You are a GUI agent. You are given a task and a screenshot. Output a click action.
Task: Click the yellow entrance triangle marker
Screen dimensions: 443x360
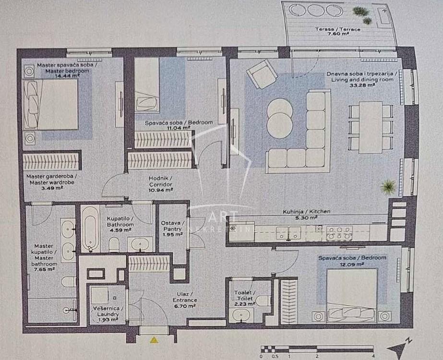(x=154, y=340)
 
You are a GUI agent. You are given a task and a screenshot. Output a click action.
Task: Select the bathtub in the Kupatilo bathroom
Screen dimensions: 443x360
(x=90, y=229)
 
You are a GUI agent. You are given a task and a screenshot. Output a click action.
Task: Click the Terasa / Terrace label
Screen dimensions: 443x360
(x=337, y=29)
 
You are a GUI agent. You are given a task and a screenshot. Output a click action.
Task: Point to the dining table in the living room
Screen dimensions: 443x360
(x=371, y=128)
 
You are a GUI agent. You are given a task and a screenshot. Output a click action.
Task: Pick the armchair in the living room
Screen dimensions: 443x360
(x=261, y=74)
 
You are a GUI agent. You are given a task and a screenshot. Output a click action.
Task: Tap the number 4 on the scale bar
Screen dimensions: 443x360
(x=373, y=357)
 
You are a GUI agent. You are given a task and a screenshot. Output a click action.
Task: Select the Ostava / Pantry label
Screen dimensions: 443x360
(x=172, y=226)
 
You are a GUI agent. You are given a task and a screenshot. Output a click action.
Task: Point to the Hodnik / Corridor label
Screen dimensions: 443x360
(x=160, y=181)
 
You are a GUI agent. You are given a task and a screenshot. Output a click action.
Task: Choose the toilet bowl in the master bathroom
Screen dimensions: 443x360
(x=69, y=281)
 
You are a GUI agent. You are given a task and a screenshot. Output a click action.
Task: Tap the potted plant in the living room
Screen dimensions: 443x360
(x=388, y=187)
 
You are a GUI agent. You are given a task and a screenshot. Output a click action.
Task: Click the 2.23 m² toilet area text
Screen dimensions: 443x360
(x=245, y=304)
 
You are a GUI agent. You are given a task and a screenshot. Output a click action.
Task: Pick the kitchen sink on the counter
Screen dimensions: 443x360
(x=288, y=232)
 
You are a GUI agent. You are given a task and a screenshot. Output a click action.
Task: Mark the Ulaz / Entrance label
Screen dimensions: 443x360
(x=185, y=297)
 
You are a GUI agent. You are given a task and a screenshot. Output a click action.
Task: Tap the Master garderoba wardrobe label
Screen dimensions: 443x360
(x=52, y=180)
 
